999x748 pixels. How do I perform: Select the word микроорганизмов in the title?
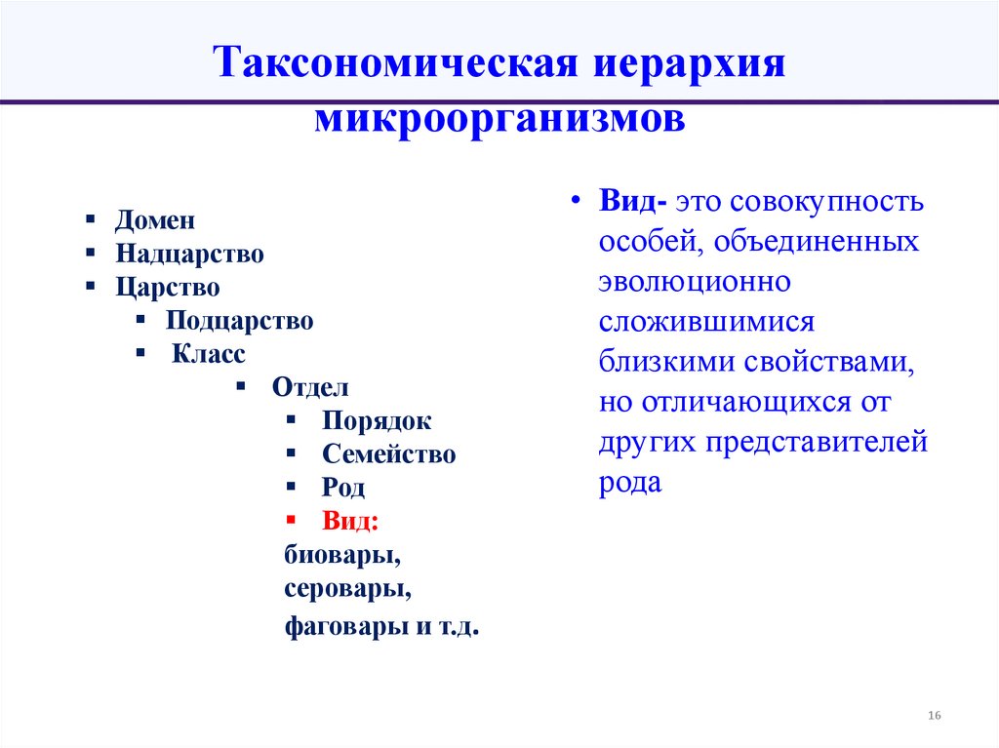(499, 121)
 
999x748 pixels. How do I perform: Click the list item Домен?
(154, 220)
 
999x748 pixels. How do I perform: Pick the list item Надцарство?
(189, 255)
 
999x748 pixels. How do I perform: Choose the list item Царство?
(167, 288)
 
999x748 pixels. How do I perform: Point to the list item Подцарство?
(239, 320)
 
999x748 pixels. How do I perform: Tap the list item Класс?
(209, 354)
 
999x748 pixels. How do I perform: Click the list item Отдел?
(310, 387)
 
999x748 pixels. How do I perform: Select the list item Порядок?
(376, 421)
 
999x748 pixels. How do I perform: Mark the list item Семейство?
(388, 454)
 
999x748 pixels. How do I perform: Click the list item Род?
(342, 488)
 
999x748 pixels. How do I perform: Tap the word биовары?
(342, 556)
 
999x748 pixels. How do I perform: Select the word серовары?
(346, 589)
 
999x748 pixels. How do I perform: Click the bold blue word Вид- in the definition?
(633, 204)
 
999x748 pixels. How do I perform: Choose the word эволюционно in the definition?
(694, 282)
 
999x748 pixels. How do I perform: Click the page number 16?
(934, 717)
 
